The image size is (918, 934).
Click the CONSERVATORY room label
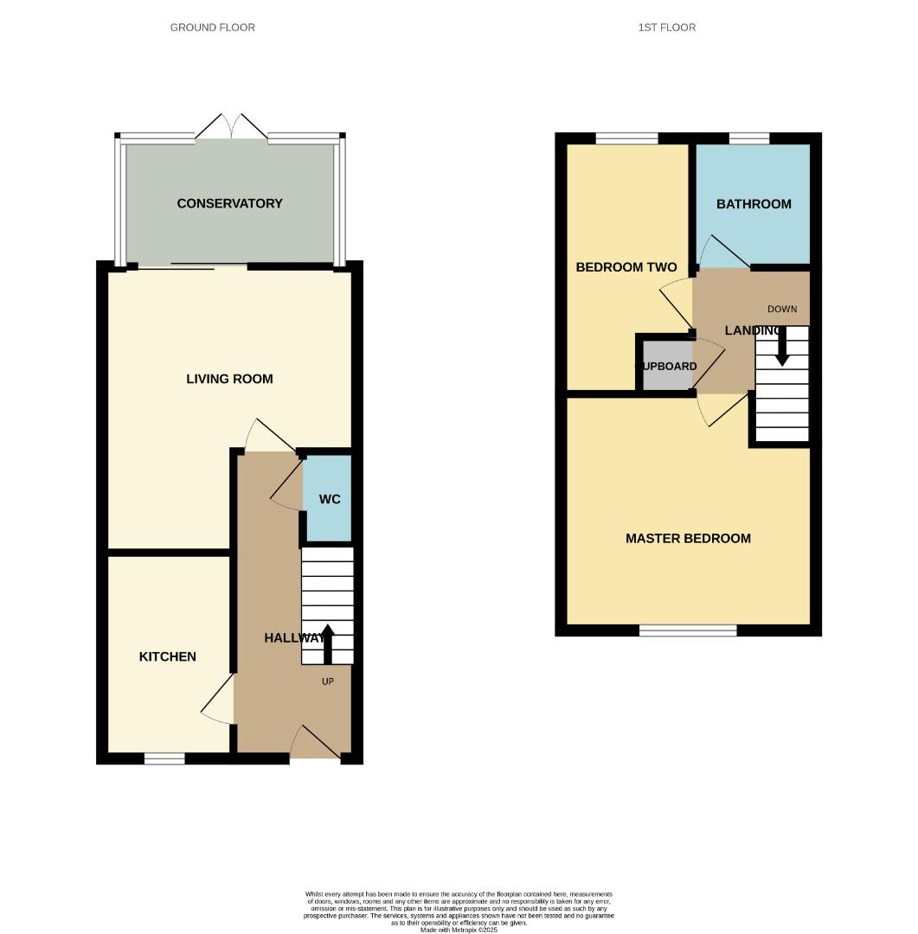(x=229, y=204)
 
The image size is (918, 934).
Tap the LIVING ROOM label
(x=229, y=379)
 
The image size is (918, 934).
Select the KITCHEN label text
(x=168, y=657)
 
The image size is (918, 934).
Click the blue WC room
(x=329, y=500)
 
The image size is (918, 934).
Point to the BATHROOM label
(x=754, y=205)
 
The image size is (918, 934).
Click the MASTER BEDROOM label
(x=688, y=539)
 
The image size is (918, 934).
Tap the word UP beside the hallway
(x=328, y=681)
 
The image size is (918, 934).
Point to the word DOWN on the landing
(x=782, y=309)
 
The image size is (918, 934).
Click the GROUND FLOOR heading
(x=213, y=28)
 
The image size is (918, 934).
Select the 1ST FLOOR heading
(x=667, y=28)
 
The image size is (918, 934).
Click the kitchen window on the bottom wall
(x=164, y=759)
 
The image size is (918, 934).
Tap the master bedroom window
(x=688, y=630)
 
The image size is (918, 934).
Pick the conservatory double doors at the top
(x=231, y=126)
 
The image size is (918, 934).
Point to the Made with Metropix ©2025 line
(x=459, y=930)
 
